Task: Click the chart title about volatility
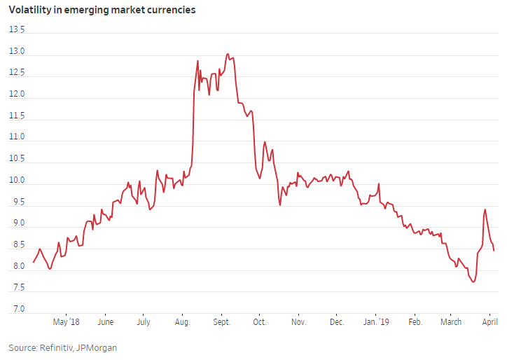tap(102, 11)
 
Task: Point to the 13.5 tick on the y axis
tap(16, 30)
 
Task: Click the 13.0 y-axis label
tap(16, 52)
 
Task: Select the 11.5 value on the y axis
tap(16, 116)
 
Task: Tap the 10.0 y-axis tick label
tap(16, 181)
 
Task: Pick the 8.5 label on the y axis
tap(16, 245)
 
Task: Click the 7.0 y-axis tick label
tap(16, 310)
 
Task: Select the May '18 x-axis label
tap(66, 322)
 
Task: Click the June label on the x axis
tap(105, 322)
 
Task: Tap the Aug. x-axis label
tap(182, 322)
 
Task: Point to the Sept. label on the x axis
tap(221, 322)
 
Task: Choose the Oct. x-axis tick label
tap(259, 322)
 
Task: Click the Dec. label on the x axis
tap(336, 322)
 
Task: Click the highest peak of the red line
tap(228, 54)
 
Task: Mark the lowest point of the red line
tap(473, 282)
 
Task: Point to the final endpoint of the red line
tap(494, 250)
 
